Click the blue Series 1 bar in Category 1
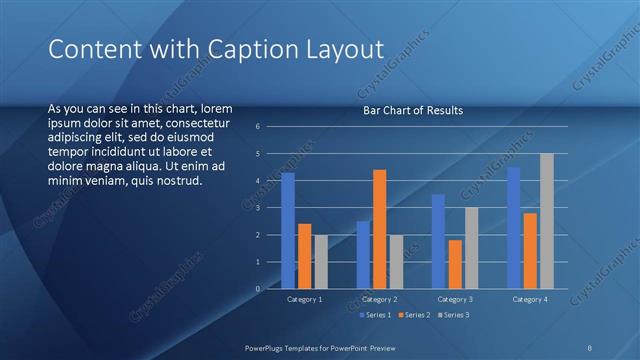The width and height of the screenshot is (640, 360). (288, 231)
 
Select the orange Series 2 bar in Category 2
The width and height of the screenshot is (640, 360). (379, 229)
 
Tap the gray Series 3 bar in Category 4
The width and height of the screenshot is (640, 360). (546, 221)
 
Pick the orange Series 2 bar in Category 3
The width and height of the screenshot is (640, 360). (455, 264)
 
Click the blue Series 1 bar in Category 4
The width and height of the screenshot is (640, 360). (513, 228)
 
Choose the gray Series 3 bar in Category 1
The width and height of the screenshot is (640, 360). (320, 262)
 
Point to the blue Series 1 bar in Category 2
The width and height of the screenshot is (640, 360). (363, 255)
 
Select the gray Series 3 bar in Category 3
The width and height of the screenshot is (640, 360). (471, 248)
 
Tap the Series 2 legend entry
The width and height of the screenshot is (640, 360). (414, 315)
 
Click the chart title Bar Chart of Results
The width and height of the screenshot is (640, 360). (412, 110)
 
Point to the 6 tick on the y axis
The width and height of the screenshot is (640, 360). (258, 127)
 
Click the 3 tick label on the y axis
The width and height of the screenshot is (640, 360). (258, 208)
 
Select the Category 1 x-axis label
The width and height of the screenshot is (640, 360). (304, 299)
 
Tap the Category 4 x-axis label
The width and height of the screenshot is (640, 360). (530, 299)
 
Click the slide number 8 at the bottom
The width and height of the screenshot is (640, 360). (590, 347)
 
